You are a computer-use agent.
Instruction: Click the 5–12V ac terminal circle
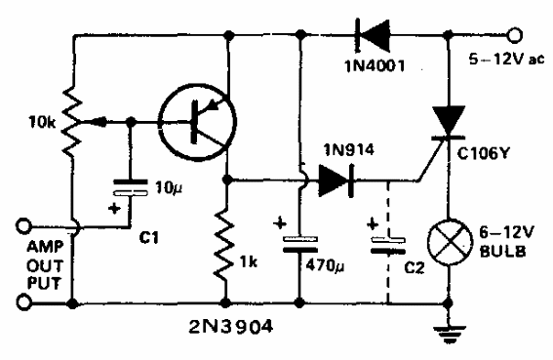click(x=506, y=35)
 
